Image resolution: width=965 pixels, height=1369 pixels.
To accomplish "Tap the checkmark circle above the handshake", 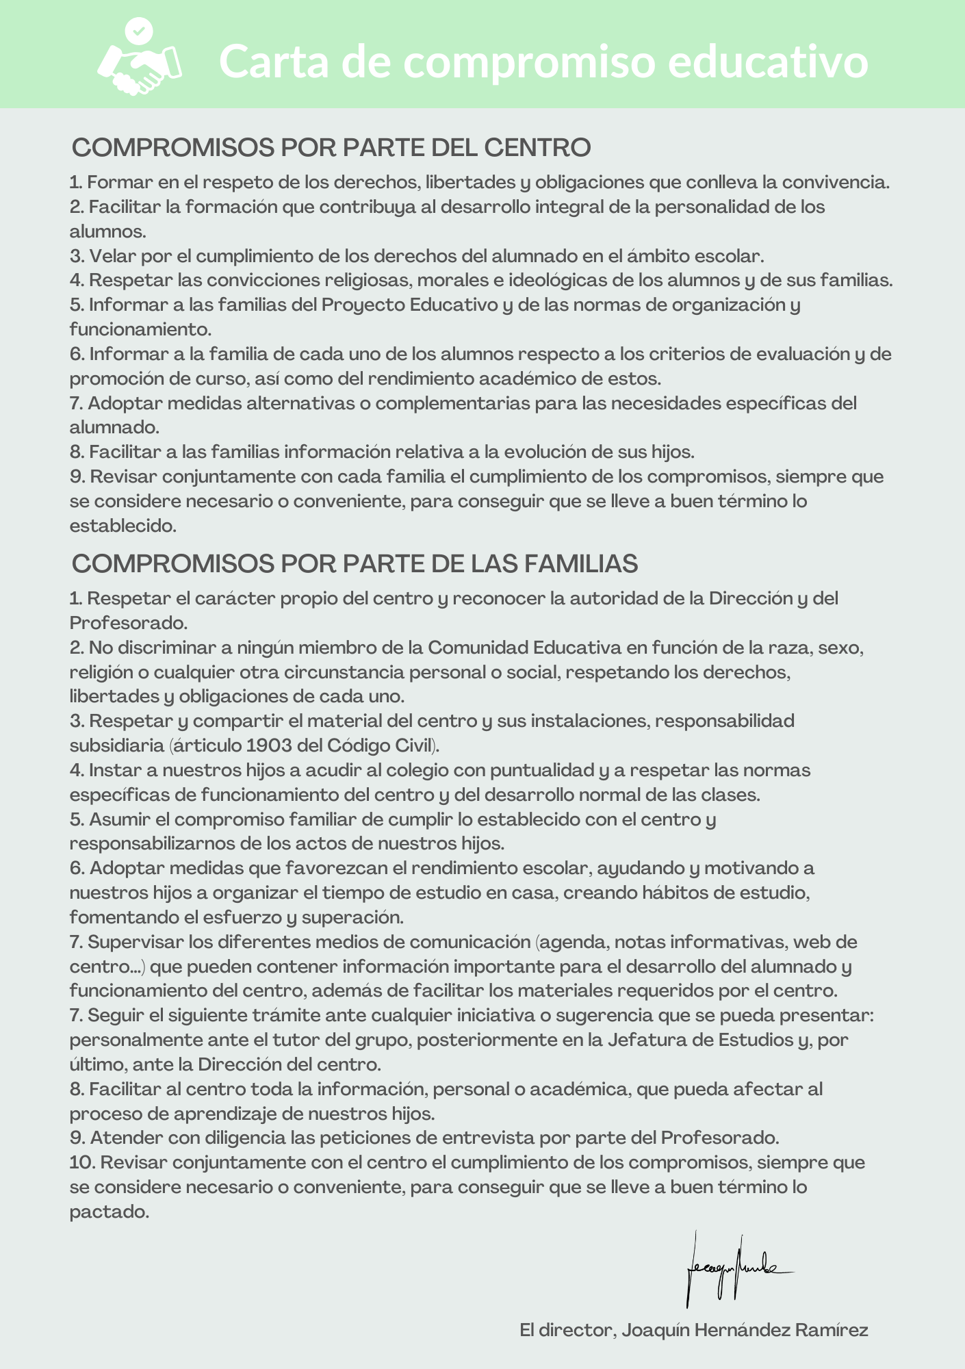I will (x=139, y=31).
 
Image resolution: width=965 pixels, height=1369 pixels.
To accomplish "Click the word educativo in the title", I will (x=768, y=62).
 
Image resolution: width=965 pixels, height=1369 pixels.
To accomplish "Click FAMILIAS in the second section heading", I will (x=580, y=563).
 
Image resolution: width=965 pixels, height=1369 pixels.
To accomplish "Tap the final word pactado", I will (x=108, y=1212).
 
